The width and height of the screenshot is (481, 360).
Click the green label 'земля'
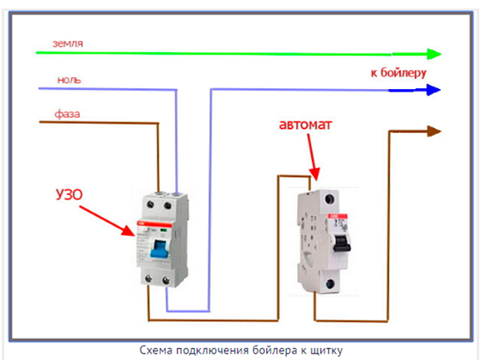point(69,42)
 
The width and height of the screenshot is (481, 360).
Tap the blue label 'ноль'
point(68,79)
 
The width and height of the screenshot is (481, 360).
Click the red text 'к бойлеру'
point(398,72)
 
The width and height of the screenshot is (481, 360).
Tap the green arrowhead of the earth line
point(434,55)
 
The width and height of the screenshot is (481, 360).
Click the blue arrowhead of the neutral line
point(434,90)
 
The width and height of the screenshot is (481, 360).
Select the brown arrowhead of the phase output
point(434,131)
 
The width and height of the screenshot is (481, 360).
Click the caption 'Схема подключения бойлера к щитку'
point(240,350)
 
